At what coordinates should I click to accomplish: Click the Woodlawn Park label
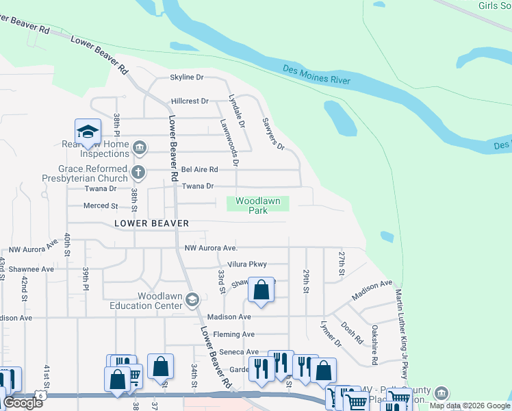point(257,206)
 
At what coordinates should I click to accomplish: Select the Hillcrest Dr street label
point(190,101)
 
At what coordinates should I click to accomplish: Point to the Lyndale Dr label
point(237,112)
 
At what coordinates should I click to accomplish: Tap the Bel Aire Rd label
point(199,169)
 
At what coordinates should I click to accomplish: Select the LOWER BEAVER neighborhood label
point(151,223)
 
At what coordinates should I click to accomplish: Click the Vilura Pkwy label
point(248,264)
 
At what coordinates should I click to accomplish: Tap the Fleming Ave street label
point(233,334)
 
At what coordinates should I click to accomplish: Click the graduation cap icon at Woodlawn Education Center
point(193,299)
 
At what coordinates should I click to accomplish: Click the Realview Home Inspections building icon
point(140,147)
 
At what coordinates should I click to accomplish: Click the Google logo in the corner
point(23,403)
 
